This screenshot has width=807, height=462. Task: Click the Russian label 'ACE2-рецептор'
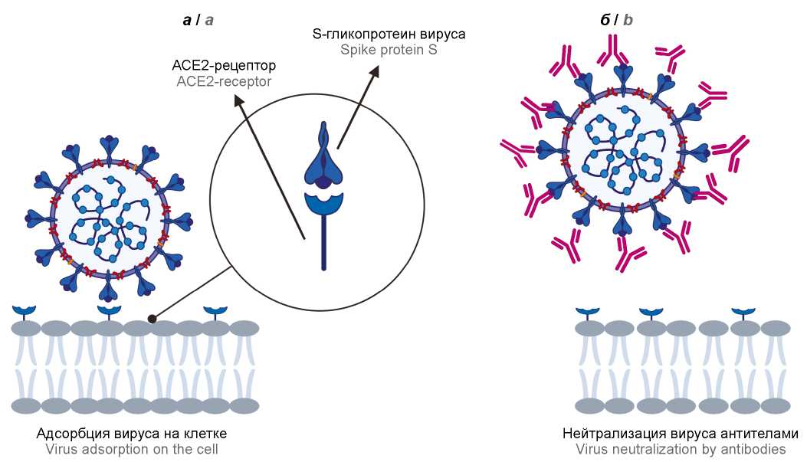(x=224, y=65)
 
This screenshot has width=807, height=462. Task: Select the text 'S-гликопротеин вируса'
(x=389, y=34)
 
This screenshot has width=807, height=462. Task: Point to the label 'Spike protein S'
(x=389, y=51)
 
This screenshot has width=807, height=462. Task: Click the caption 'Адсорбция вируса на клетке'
(x=132, y=434)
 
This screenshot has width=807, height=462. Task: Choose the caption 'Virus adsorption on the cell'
(x=132, y=449)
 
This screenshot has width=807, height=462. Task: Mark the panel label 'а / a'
(x=198, y=20)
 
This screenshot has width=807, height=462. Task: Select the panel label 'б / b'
(x=617, y=20)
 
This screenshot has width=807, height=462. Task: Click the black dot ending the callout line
(x=153, y=318)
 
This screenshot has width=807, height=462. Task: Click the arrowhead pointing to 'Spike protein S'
(x=376, y=70)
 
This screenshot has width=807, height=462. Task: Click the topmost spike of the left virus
(x=108, y=146)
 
